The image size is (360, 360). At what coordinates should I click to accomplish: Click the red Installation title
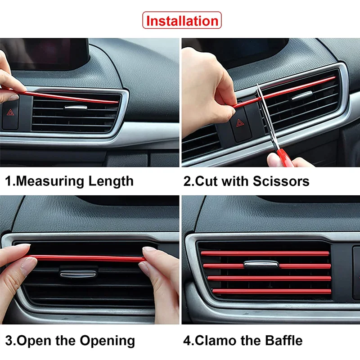tap(182, 21)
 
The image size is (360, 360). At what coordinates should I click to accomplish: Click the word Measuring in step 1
tap(50, 181)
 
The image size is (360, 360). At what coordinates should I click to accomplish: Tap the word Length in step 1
tap(111, 181)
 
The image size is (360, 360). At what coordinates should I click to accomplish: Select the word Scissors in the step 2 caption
tap(281, 181)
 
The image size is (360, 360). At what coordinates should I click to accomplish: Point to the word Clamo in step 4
tap(228, 341)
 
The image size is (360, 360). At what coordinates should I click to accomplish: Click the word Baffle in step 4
tap(284, 341)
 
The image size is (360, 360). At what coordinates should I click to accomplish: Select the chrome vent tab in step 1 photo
tap(76, 108)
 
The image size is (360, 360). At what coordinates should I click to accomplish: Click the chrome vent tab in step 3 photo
tap(78, 274)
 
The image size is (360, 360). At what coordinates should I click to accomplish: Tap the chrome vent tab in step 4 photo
tap(261, 265)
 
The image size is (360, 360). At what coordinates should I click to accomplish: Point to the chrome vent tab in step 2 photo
tap(302, 95)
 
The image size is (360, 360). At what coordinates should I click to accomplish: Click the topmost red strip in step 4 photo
tap(265, 253)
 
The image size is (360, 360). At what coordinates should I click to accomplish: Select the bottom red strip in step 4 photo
tap(272, 292)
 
